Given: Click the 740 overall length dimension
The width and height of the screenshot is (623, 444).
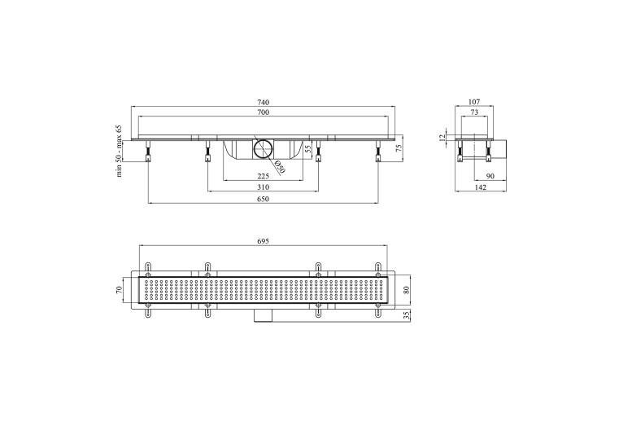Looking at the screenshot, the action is pyautogui.click(x=263, y=103).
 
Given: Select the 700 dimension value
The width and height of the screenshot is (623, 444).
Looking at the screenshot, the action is pyautogui.click(x=263, y=112).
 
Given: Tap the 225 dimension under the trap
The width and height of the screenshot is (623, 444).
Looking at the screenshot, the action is pyautogui.click(x=263, y=176).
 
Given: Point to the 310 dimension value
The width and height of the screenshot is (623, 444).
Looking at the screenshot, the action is pyautogui.click(x=263, y=187).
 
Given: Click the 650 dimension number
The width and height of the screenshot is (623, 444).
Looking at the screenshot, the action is pyautogui.click(x=263, y=199).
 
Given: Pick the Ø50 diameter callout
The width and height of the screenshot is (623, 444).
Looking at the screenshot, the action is pyautogui.click(x=280, y=168).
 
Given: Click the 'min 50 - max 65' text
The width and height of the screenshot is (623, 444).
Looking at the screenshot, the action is pyautogui.click(x=119, y=152).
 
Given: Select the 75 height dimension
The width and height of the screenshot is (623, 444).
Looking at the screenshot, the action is pyautogui.click(x=399, y=147).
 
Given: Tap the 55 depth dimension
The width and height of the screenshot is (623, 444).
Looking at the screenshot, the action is pyautogui.click(x=307, y=149).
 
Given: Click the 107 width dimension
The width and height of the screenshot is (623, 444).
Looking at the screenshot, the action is pyautogui.click(x=474, y=103).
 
